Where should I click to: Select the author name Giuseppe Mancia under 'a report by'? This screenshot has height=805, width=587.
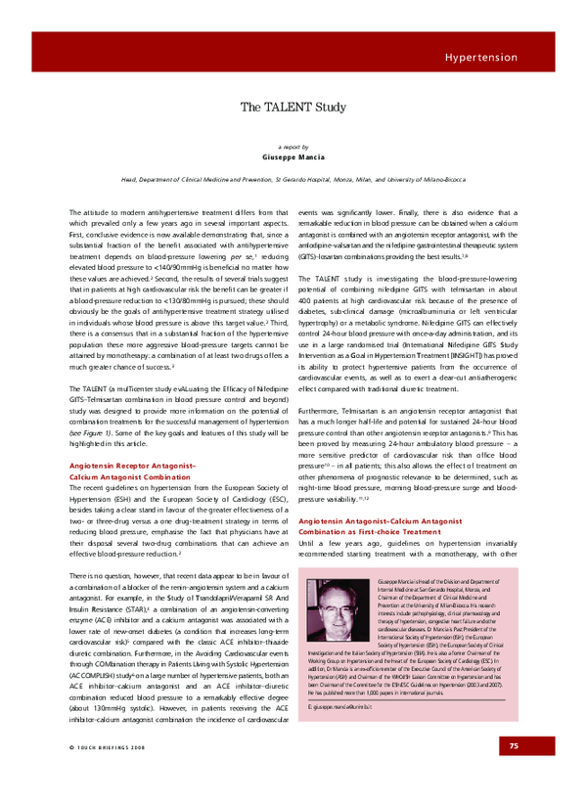coord(293,156)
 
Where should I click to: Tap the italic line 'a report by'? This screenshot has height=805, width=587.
coord(293,144)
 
